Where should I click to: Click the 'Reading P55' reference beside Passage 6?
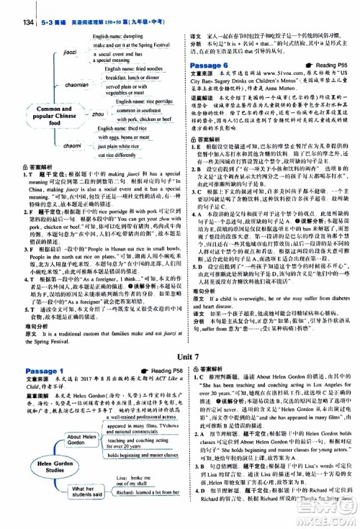[328, 65]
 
